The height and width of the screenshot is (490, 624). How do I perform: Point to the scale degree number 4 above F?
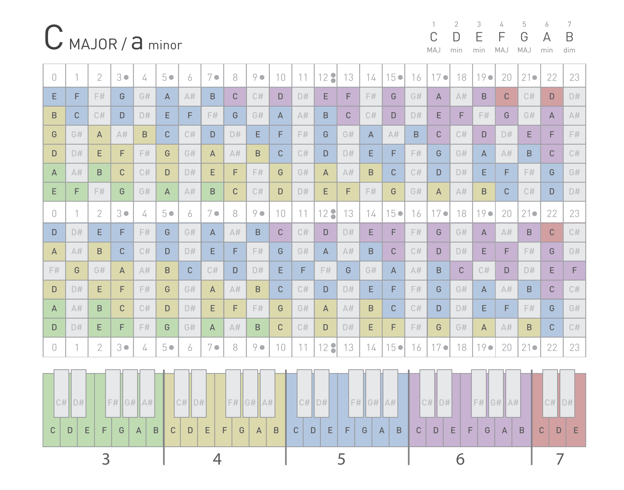[x=501, y=24]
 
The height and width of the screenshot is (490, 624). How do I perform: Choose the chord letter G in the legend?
[x=524, y=37]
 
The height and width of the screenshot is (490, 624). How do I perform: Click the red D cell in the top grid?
[x=552, y=96]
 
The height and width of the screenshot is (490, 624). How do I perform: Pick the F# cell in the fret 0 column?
[x=54, y=270]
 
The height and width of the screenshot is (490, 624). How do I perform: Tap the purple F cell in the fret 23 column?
[x=574, y=270]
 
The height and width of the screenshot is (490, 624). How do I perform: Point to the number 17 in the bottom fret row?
[x=436, y=347]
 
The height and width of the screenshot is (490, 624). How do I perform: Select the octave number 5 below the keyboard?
[x=341, y=459]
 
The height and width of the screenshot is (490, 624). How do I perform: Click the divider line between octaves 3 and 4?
[x=164, y=416]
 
